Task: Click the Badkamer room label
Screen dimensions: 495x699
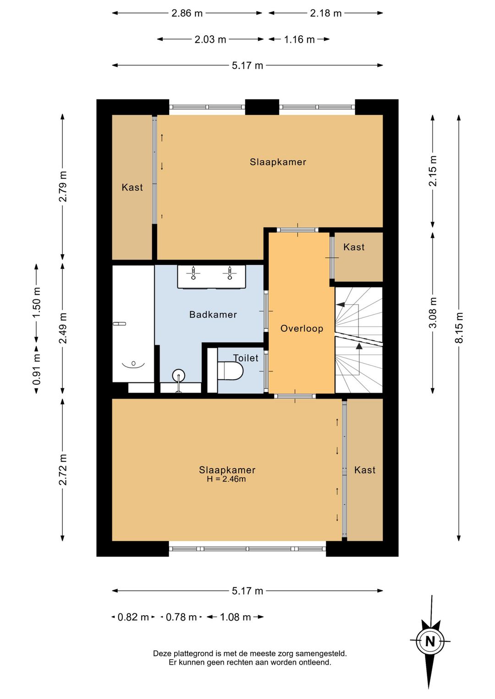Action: (213, 314)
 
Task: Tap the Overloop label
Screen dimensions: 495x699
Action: (302, 328)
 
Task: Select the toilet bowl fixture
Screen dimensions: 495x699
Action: (231, 371)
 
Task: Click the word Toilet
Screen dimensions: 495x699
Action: (246, 358)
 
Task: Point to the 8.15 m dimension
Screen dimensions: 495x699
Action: (459, 328)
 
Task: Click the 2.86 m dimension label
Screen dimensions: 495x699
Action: (187, 13)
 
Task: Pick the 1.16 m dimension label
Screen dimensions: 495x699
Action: (299, 40)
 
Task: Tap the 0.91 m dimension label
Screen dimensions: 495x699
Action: (37, 369)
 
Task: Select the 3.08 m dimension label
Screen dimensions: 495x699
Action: (433, 312)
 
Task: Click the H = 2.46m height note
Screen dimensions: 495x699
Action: (226, 479)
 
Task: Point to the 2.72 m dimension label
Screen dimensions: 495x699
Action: (63, 470)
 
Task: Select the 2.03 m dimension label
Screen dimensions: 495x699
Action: (210, 40)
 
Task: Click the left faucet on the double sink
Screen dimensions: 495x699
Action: (193, 273)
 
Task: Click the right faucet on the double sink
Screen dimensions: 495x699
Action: (230, 273)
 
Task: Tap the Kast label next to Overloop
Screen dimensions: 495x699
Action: (354, 247)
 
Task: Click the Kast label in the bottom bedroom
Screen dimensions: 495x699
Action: (365, 470)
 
